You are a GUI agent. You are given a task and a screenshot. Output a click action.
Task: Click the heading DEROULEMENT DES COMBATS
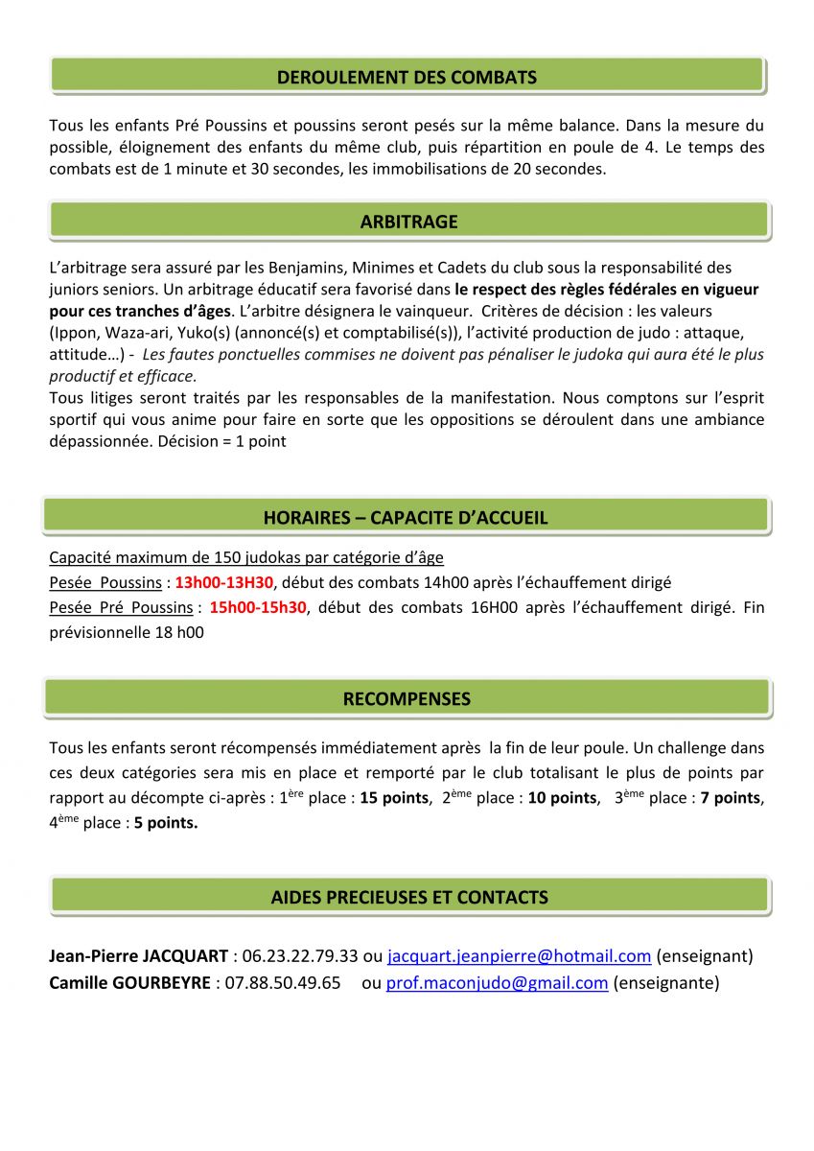pyautogui.click(x=407, y=78)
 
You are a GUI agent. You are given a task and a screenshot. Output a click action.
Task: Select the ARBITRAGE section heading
pyautogui.click(x=408, y=222)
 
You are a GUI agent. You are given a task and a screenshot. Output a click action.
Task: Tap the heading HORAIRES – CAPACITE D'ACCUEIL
pyautogui.click(x=406, y=518)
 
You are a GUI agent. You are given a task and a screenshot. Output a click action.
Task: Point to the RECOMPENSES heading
pyautogui.click(x=407, y=699)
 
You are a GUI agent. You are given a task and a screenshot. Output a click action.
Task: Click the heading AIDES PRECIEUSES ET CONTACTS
pyautogui.click(x=409, y=898)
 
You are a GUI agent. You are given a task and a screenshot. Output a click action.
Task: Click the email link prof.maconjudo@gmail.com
pyautogui.click(x=497, y=982)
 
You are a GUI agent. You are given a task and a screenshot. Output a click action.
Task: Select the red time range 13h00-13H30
pyautogui.click(x=224, y=582)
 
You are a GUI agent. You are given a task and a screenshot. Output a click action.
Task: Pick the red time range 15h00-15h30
pyautogui.click(x=258, y=607)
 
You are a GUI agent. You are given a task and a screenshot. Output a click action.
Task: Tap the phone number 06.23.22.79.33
pyautogui.click(x=300, y=956)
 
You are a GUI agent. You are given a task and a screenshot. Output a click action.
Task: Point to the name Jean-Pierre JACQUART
pyautogui.click(x=138, y=956)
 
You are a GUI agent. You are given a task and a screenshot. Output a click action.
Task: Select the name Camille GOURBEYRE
pyautogui.click(x=130, y=982)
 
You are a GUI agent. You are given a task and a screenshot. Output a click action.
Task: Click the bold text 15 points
pyautogui.click(x=394, y=798)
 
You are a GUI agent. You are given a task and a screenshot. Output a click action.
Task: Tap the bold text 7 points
pyautogui.click(x=731, y=798)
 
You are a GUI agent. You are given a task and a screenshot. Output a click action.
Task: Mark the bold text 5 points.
pyautogui.click(x=166, y=823)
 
